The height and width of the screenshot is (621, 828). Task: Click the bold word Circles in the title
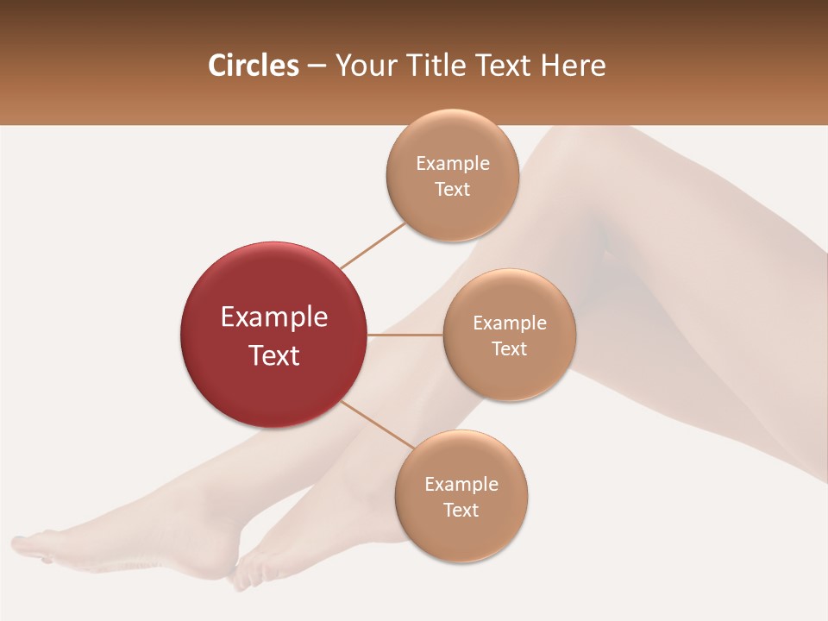click(x=253, y=66)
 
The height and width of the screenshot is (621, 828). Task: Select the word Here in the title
click(x=575, y=66)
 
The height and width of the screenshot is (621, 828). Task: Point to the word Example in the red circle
click(x=274, y=317)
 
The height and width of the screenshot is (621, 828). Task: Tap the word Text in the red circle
click(x=274, y=355)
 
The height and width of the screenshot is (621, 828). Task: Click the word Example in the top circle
click(x=452, y=163)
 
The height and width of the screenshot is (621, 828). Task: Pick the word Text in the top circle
click(x=452, y=189)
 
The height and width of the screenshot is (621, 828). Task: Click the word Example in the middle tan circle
click(x=509, y=323)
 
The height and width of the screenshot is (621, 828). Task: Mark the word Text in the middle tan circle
click(x=509, y=348)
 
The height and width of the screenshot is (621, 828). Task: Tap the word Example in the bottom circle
click(x=461, y=484)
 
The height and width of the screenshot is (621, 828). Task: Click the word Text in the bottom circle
click(x=461, y=510)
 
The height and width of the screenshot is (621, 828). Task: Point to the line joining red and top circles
click(x=373, y=245)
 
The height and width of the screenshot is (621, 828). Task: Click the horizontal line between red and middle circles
click(x=405, y=335)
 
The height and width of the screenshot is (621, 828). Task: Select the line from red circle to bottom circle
click(x=376, y=425)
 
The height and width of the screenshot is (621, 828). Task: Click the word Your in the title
click(x=363, y=66)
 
